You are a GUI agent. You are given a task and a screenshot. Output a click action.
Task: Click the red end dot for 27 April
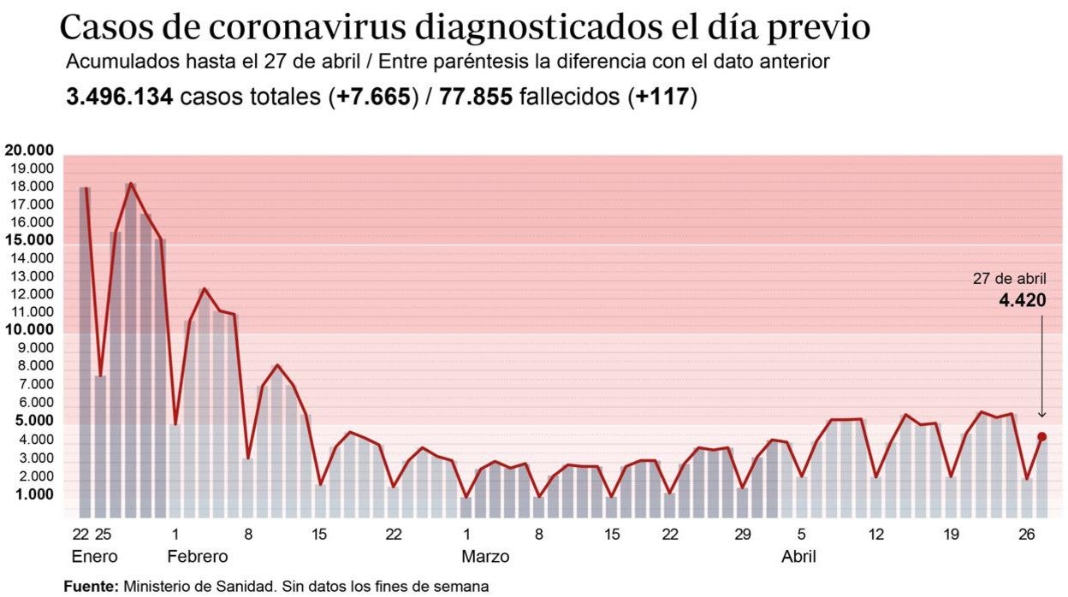point(1041,437)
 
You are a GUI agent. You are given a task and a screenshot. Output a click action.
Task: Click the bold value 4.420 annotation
point(1022,300)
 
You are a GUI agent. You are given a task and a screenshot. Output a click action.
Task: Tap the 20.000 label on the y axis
point(29,151)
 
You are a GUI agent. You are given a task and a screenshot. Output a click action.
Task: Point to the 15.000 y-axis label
point(29,240)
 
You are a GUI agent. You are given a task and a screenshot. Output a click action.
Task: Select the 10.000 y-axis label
point(29,330)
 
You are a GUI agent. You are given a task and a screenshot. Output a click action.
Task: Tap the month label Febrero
point(197,557)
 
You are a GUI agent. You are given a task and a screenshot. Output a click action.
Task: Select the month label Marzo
point(485,557)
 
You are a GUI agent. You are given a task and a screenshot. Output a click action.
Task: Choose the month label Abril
point(798,557)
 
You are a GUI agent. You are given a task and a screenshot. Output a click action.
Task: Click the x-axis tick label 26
point(1027,535)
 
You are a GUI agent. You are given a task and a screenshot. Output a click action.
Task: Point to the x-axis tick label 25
point(102,535)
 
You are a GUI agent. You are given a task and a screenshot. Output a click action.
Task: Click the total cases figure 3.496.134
point(120,97)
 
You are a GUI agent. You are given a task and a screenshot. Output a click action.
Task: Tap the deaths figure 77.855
point(476,97)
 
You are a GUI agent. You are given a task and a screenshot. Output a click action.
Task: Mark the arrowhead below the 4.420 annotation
point(1041,414)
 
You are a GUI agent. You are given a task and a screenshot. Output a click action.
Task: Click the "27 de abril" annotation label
point(1009,278)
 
